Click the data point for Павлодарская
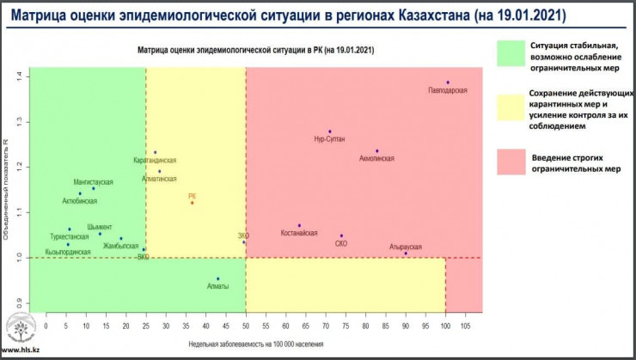coord(448,82)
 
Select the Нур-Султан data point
coord(329,131)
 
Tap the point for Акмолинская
coord(376,151)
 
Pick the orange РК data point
coord(193,203)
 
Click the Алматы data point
coord(218,278)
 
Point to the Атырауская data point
coord(406,253)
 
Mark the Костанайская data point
coord(299,226)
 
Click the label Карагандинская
coord(155,161)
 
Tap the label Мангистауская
coord(94,183)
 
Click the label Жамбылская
coord(120,246)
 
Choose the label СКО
coord(341,244)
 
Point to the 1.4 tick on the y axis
coord(19,76)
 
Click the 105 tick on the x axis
coord(465,326)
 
